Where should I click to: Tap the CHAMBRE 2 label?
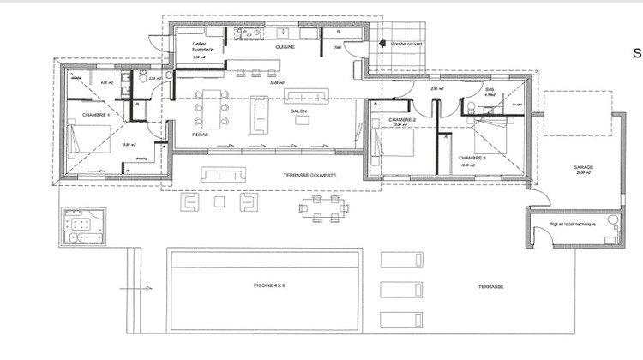click(401, 120)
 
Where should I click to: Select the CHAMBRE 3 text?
click(472, 159)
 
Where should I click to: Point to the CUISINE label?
click(285, 48)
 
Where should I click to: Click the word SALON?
click(299, 112)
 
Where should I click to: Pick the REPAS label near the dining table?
click(201, 135)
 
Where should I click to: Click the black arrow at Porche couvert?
click(380, 41)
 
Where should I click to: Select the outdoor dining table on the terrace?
click(323, 206)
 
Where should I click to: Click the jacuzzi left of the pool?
click(82, 225)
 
